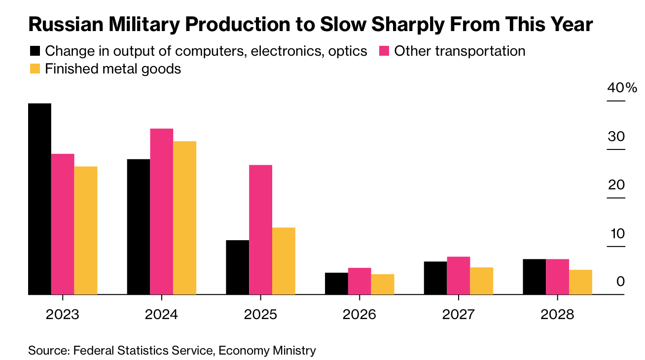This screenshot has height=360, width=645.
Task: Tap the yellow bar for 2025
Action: coord(284,261)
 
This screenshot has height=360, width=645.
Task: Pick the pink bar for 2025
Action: coord(260,229)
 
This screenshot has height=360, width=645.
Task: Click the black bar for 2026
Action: coord(336,283)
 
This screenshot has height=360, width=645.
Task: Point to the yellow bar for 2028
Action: coord(580,282)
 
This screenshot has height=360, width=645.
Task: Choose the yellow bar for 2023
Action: coord(85,230)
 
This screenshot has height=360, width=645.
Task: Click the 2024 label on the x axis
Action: coord(161,315)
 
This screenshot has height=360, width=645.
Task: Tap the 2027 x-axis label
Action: coord(458,315)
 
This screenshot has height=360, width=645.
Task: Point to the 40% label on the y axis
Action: coord(622,88)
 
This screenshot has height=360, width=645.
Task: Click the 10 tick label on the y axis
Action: coord(616,234)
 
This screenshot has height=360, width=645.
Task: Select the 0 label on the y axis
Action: coord(620,282)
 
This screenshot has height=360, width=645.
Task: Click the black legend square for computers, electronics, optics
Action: coord(35,51)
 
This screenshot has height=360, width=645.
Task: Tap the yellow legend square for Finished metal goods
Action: coord(35,69)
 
